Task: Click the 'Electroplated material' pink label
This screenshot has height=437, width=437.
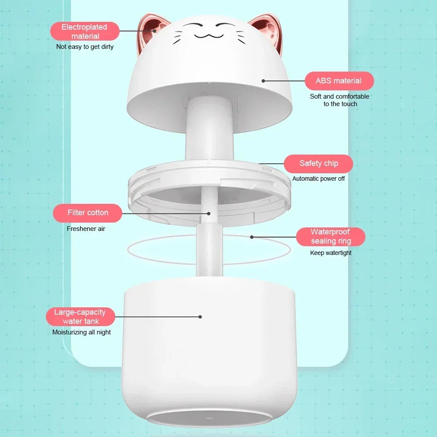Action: click(x=85, y=31)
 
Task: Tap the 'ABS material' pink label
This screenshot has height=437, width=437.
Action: click(x=339, y=81)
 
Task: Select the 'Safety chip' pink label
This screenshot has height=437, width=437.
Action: click(x=318, y=163)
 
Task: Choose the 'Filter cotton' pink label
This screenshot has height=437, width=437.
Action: click(x=87, y=213)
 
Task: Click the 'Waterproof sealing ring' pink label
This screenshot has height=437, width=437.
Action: click(x=330, y=237)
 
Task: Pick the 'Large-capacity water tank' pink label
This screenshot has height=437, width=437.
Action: click(x=80, y=317)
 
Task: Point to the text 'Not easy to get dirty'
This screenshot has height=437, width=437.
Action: click(x=85, y=47)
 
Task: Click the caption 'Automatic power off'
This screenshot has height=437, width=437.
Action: click(x=318, y=179)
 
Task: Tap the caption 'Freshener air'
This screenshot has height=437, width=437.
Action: click(x=86, y=228)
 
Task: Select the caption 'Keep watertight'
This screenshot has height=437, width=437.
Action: click(x=330, y=253)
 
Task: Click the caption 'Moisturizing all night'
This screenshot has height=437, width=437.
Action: click(x=82, y=332)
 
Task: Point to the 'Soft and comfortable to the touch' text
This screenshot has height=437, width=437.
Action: click(x=340, y=100)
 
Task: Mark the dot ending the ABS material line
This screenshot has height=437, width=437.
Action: click(x=264, y=81)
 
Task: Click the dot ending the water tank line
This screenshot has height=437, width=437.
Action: click(x=200, y=317)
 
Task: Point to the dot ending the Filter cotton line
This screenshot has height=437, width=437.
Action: click(x=209, y=213)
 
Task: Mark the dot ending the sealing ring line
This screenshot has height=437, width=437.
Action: click(x=251, y=237)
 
